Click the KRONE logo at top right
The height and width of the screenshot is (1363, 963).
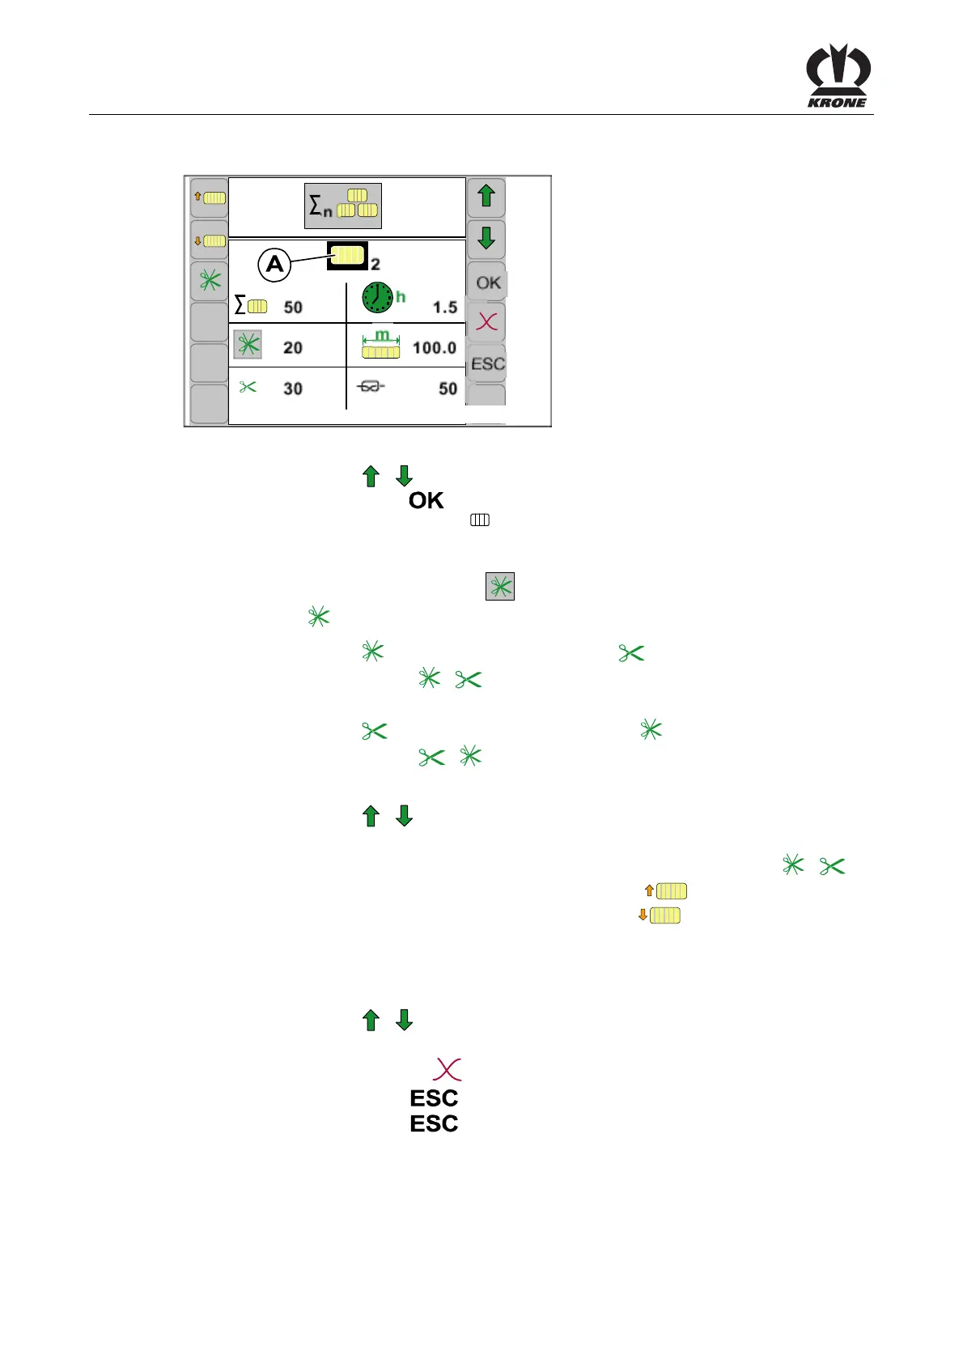[x=838, y=76]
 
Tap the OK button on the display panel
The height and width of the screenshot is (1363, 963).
[x=487, y=282]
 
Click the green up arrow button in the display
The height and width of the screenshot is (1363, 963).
[x=486, y=197]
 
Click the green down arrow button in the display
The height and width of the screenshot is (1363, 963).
[x=486, y=239]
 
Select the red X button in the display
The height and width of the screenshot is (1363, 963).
[x=487, y=322]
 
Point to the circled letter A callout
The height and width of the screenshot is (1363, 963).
[x=275, y=265]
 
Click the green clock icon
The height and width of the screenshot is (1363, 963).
[x=377, y=297]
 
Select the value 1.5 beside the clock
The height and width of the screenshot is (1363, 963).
[x=444, y=308]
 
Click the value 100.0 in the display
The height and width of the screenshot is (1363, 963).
[x=435, y=348]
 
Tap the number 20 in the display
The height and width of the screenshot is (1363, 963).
[x=293, y=348]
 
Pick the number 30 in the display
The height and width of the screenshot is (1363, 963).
[x=293, y=389]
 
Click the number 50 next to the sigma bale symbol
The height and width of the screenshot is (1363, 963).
[x=293, y=308]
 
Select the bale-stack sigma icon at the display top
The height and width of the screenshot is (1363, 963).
[x=343, y=206]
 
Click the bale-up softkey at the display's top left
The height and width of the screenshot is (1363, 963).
[x=209, y=197]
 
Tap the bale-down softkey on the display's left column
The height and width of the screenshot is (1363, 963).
[x=209, y=240]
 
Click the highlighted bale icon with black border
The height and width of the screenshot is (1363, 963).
[x=348, y=256]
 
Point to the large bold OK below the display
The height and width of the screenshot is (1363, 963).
[x=426, y=501]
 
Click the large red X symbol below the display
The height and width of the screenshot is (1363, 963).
[x=447, y=1069]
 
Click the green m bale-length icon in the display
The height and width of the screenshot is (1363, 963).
[x=381, y=344]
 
